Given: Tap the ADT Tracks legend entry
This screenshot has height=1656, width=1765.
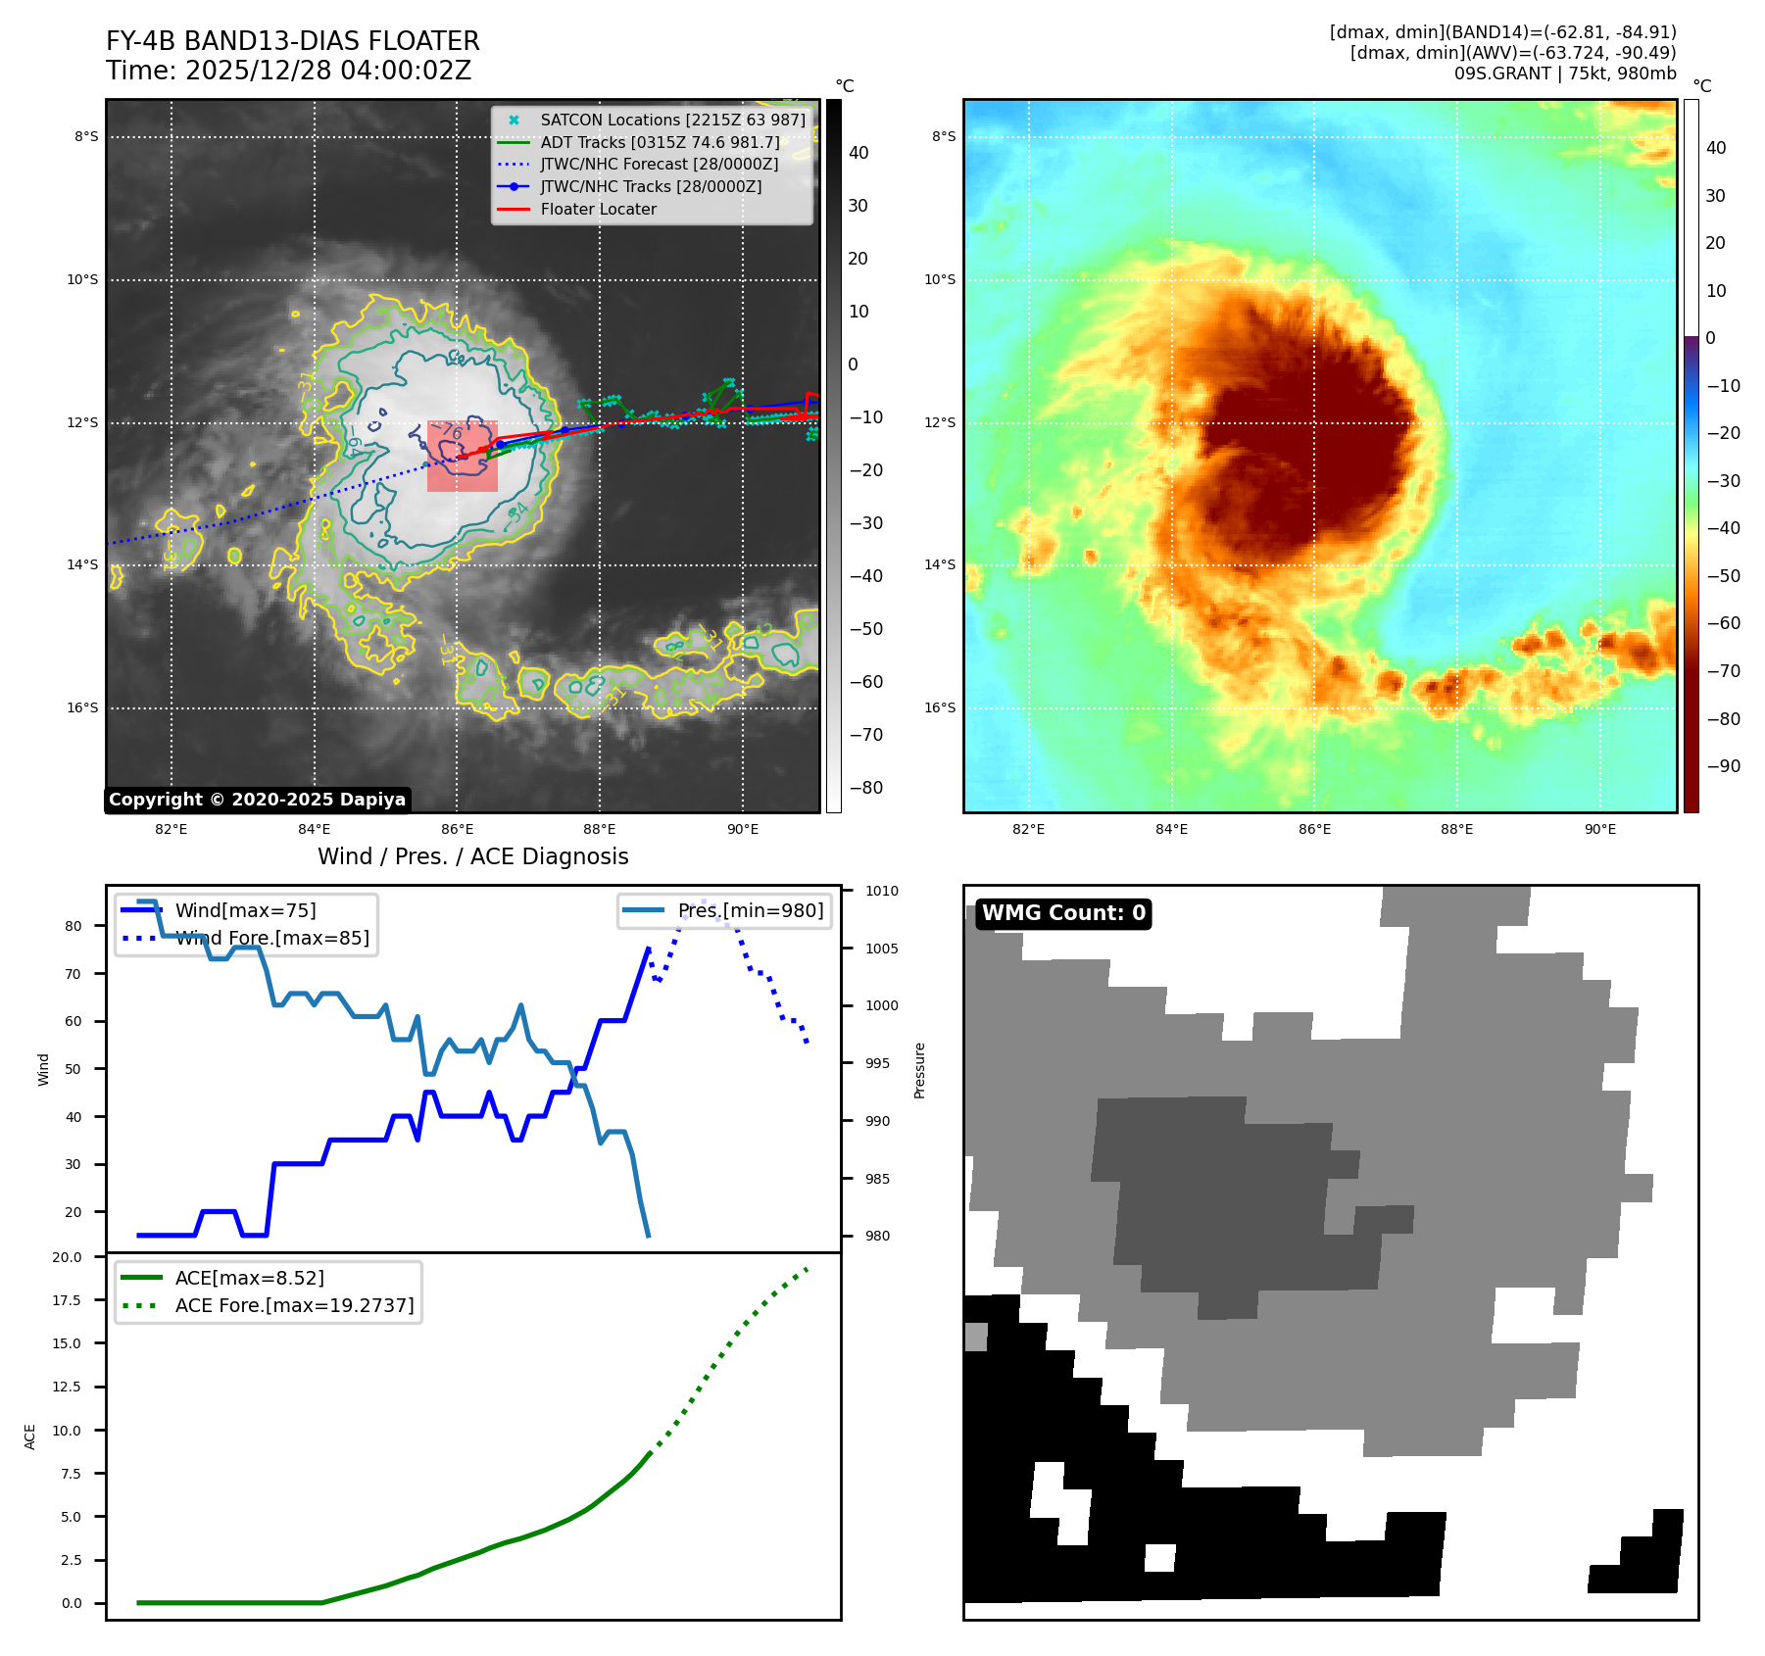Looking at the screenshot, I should click(660, 142).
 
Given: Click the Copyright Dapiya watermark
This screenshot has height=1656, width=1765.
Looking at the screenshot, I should click(257, 800).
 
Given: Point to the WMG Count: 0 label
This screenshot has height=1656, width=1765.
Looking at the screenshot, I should click(1063, 913).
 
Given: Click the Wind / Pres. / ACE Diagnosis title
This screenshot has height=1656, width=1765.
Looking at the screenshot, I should click(472, 856).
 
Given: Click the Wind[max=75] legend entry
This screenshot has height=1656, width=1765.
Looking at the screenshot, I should click(245, 910).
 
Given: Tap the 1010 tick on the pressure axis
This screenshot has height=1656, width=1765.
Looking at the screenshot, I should click(881, 891).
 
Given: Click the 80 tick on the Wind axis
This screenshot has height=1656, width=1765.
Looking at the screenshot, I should click(74, 926).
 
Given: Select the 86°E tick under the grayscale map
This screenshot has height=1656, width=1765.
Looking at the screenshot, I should click(457, 829).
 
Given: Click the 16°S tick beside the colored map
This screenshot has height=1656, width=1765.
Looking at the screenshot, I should click(940, 707).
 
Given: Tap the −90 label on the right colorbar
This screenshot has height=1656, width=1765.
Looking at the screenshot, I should click(1723, 766).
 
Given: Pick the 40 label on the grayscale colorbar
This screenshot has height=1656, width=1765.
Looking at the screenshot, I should click(858, 153).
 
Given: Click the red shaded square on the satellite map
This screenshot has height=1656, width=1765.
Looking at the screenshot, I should click(463, 457).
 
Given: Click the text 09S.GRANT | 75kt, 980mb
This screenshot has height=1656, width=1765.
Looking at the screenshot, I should click(1564, 73).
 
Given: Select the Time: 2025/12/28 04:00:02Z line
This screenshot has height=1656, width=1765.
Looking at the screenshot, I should click(289, 71).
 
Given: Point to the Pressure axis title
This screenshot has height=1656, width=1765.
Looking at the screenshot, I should click(919, 1070).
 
